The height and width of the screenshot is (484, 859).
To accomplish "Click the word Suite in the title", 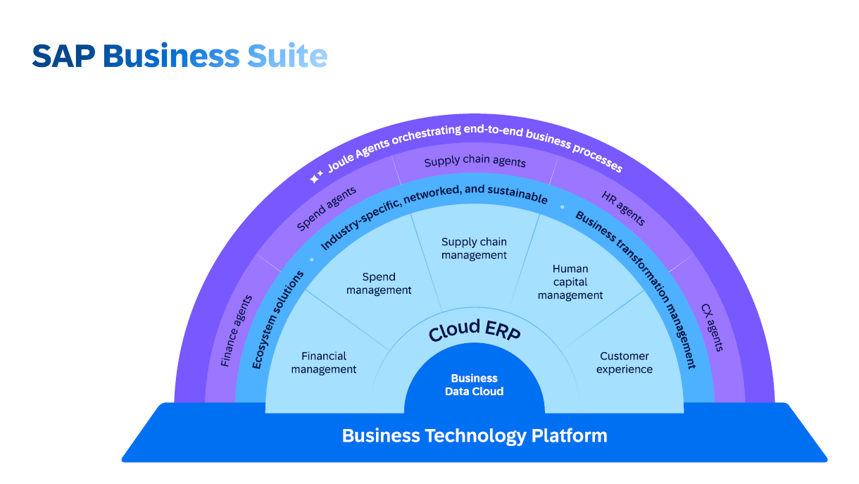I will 287,56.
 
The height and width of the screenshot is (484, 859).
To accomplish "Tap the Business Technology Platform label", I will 474,435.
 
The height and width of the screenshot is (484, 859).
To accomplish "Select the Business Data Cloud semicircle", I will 474,385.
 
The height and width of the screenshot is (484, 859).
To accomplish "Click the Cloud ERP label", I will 474,331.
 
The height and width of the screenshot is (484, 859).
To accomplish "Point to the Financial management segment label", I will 324,363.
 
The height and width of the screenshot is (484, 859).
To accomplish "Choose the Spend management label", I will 379,283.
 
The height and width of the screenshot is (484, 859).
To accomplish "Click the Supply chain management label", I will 474,249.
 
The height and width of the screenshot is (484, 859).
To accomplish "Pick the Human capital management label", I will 570,282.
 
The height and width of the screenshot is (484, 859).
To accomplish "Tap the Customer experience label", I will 625,363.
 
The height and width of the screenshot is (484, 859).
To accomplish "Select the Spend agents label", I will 326,209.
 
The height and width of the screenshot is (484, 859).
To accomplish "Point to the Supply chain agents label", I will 475,161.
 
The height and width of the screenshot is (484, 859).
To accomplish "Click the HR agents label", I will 623,208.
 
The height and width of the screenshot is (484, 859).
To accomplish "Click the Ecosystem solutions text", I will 279,318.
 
